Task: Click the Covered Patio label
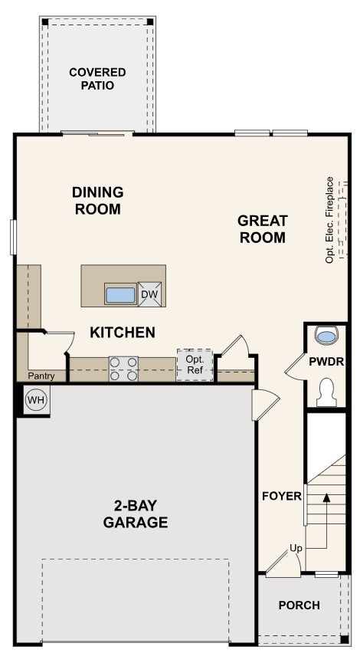[97, 79]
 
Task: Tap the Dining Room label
[97, 200]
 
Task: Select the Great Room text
[262, 229]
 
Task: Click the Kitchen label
[123, 333]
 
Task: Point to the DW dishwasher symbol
[150, 294]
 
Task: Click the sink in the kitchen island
[120, 294]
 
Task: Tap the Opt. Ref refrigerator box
[195, 364]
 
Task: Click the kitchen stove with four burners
[123, 369]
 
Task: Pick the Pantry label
[41, 376]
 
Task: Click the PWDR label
[326, 361]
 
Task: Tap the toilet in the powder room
[327, 391]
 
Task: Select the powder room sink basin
[327, 336]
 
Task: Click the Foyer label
[281, 496]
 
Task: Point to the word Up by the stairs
[296, 548]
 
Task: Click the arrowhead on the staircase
[327, 498]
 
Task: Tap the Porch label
[299, 605]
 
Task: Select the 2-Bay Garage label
[136, 514]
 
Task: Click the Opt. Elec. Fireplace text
[330, 220]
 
